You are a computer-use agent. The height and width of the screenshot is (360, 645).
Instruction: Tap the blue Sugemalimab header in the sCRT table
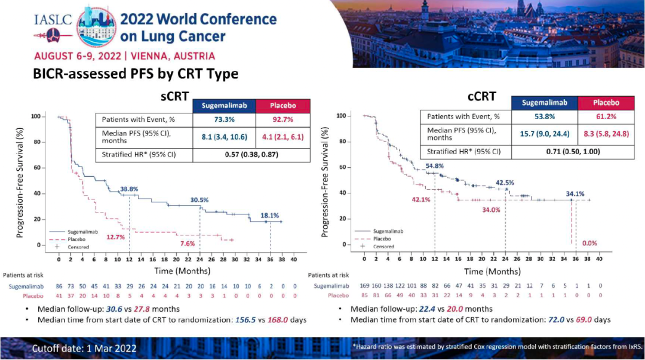pos(223,106)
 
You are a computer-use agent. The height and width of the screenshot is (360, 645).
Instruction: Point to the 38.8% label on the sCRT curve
pos(129,189)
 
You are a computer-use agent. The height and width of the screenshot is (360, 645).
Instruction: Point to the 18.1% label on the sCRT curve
pos(269,216)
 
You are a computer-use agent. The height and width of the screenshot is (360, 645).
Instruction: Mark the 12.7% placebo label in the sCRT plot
pos(115,237)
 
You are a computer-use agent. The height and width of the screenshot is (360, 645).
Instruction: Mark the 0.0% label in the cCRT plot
pos(589,243)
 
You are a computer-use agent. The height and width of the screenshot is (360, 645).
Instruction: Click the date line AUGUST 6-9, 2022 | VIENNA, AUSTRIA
pos(124,56)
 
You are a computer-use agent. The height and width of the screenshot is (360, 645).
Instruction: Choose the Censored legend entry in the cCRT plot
pos(383,246)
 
